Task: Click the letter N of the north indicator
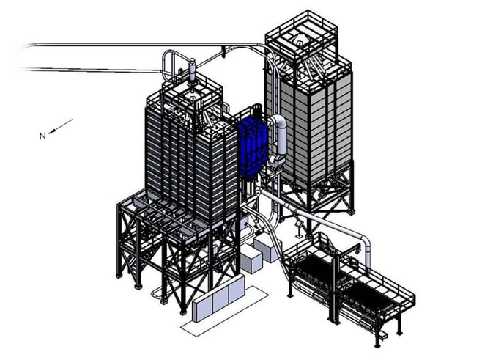[x=43, y=135]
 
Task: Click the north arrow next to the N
[x=62, y=125]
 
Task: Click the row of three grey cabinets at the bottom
[x=217, y=298]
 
